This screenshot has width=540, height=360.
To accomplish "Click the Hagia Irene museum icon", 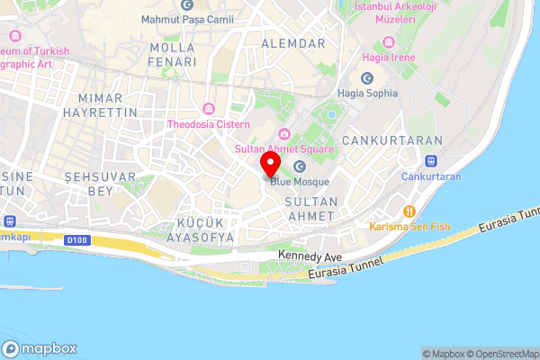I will (389, 42).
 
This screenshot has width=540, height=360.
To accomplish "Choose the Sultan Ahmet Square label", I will (283, 148).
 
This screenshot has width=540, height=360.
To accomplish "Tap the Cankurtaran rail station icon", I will (431, 161).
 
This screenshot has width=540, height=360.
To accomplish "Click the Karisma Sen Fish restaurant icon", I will (409, 211).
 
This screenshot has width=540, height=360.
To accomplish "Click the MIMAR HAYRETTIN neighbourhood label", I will (108, 104).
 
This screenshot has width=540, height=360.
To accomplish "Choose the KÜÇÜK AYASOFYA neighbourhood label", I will (200, 229).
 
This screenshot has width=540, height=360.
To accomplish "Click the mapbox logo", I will (39, 348).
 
